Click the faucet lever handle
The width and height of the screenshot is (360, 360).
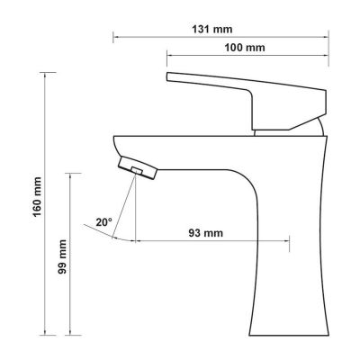[243, 89]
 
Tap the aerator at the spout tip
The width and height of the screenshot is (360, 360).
[136, 166]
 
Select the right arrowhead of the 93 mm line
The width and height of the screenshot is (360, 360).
[287, 241]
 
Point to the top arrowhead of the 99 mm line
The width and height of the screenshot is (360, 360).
[73, 171]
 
